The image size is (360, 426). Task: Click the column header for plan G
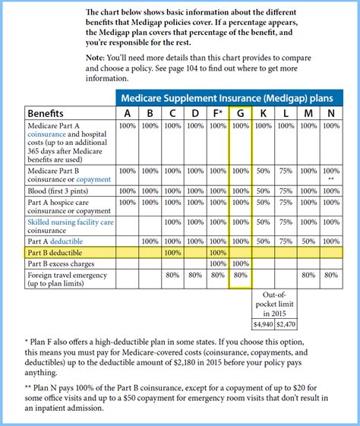coord(240,113)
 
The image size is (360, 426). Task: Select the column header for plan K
coord(263,113)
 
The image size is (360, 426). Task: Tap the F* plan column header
coord(216,113)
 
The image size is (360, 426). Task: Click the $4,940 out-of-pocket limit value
coord(263,324)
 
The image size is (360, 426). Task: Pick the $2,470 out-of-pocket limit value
coord(286,324)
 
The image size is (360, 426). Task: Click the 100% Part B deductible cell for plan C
coord(172,251)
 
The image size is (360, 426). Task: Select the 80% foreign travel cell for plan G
coord(240,275)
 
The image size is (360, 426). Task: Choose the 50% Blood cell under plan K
coord(263,191)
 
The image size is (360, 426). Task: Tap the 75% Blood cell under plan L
coord(286,191)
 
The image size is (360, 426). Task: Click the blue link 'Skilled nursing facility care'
coord(71,222)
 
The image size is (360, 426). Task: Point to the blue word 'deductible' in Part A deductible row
coord(73,240)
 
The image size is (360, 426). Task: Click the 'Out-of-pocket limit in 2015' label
coord(274,304)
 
